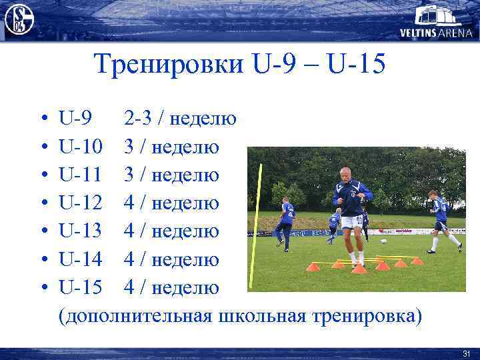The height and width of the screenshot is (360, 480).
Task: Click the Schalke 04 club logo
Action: [19, 19]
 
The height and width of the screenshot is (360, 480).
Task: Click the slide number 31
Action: [466, 353]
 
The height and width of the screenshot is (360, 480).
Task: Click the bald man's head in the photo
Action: [345, 175]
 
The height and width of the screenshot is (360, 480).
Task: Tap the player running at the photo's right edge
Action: [441, 220]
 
